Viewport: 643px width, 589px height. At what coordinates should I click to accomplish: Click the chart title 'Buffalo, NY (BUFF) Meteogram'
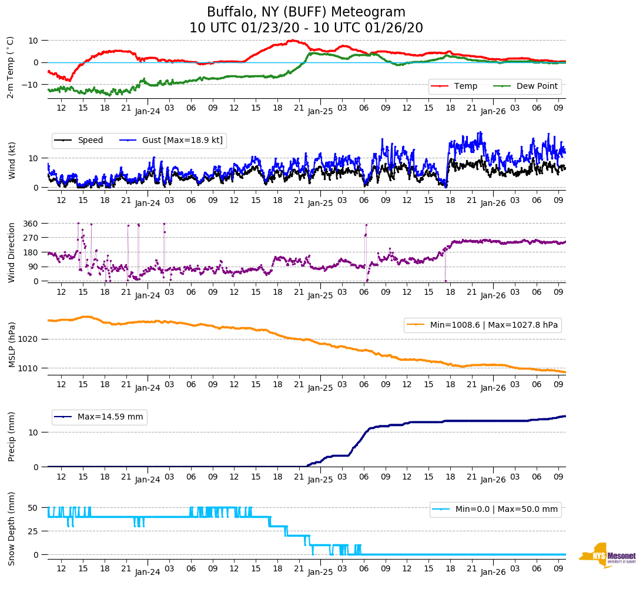coord(306,12)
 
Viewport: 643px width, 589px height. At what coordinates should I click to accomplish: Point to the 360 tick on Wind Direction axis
coord(31,224)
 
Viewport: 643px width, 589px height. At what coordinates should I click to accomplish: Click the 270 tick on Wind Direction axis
coord(31,238)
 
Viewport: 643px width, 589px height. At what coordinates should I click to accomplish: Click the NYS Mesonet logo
coord(607,555)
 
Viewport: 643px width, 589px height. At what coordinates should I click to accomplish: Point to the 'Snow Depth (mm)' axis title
coord(12,528)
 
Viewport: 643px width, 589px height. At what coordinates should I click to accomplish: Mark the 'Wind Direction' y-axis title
coord(12,252)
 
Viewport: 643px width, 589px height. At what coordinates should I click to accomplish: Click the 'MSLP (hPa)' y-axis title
coord(12,345)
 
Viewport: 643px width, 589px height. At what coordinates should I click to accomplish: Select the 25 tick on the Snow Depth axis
coord(34,531)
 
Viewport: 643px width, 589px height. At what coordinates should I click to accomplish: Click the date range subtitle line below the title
coord(306,28)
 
